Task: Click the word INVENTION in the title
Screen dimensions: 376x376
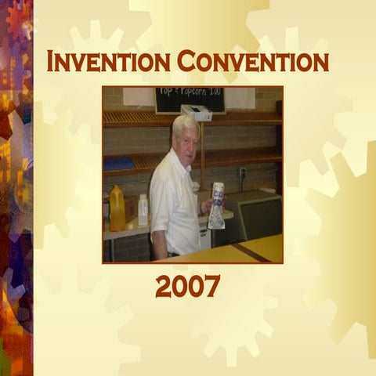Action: point(107,61)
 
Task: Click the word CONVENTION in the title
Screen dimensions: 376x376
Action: point(252,61)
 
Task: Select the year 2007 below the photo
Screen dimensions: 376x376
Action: point(188,287)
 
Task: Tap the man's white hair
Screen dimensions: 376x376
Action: point(185,123)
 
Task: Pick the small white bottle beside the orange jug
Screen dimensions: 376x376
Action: point(143,209)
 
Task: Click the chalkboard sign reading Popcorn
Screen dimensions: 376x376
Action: point(190,99)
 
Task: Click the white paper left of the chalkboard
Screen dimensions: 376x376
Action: point(138,96)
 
